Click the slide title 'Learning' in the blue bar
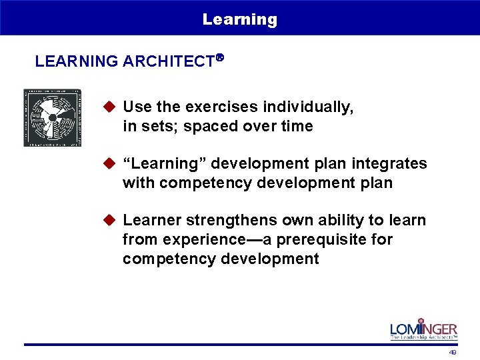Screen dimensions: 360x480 click(x=240, y=19)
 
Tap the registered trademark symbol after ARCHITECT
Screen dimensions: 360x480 click(x=219, y=58)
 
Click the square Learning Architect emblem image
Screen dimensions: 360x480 click(x=52, y=117)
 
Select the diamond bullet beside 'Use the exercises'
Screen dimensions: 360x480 click(x=111, y=107)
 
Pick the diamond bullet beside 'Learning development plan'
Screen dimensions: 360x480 click(x=111, y=163)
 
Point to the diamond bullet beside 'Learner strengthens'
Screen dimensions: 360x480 click(x=111, y=220)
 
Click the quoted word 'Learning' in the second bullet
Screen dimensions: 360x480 click(x=155, y=163)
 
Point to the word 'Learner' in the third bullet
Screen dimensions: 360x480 click(x=150, y=220)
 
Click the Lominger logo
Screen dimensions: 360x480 click(x=423, y=329)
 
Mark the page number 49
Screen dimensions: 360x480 click(x=453, y=352)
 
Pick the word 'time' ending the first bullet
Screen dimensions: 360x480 click(x=298, y=126)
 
